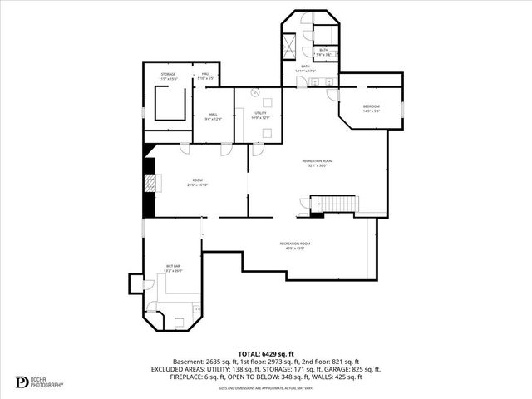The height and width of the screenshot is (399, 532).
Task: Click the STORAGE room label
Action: click(x=168, y=74)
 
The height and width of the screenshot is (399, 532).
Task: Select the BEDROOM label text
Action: click(x=371, y=106)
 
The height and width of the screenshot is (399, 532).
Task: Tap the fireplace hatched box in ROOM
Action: click(x=150, y=180)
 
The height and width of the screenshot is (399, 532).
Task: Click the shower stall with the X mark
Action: click(x=291, y=44)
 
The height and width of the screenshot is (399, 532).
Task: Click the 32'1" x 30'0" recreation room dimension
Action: click(x=317, y=165)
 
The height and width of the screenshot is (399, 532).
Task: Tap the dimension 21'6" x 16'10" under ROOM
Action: click(x=197, y=185)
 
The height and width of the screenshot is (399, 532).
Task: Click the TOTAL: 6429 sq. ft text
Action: click(x=265, y=354)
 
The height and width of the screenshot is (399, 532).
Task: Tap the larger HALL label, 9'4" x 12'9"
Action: click(x=213, y=119)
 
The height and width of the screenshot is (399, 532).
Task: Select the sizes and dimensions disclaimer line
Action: click(x=265, y=387)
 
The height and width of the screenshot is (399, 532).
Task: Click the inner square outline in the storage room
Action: click(x=169, y=104)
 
